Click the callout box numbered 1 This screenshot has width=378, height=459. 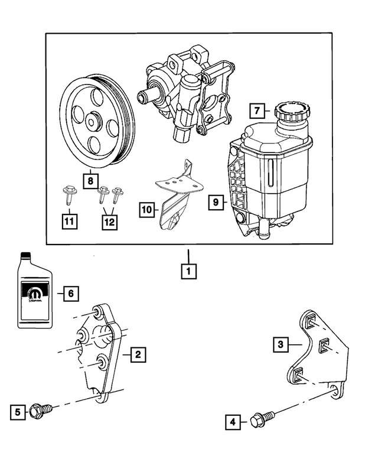point(188,272)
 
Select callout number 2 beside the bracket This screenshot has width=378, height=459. point(137,354)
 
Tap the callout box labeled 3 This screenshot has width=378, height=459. point(282,343)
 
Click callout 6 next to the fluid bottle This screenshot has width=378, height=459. point(70,292)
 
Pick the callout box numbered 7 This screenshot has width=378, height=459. point(256,110)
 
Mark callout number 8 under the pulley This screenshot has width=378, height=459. point(90,180)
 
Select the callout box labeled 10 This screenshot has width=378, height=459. point(147,209)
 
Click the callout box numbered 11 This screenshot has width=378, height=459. point(69,222)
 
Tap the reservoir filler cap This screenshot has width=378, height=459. point(289,112)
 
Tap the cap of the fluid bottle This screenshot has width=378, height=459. point(25,256)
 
